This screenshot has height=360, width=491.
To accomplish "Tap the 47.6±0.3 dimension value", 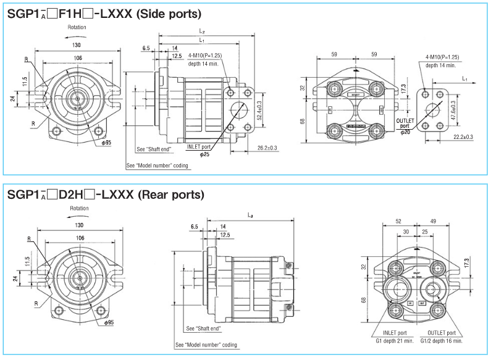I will point(453,110).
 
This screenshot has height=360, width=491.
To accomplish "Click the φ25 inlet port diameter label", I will point(205,154).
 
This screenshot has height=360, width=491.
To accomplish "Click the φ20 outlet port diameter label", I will point(405,132).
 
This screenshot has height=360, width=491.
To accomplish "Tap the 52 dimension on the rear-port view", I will point(398,220).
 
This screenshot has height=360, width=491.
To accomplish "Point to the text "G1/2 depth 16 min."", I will point(441,340).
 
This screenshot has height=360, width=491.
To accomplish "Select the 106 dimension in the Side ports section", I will point(78,58).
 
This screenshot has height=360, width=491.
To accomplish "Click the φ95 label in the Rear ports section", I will point(109,322).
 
